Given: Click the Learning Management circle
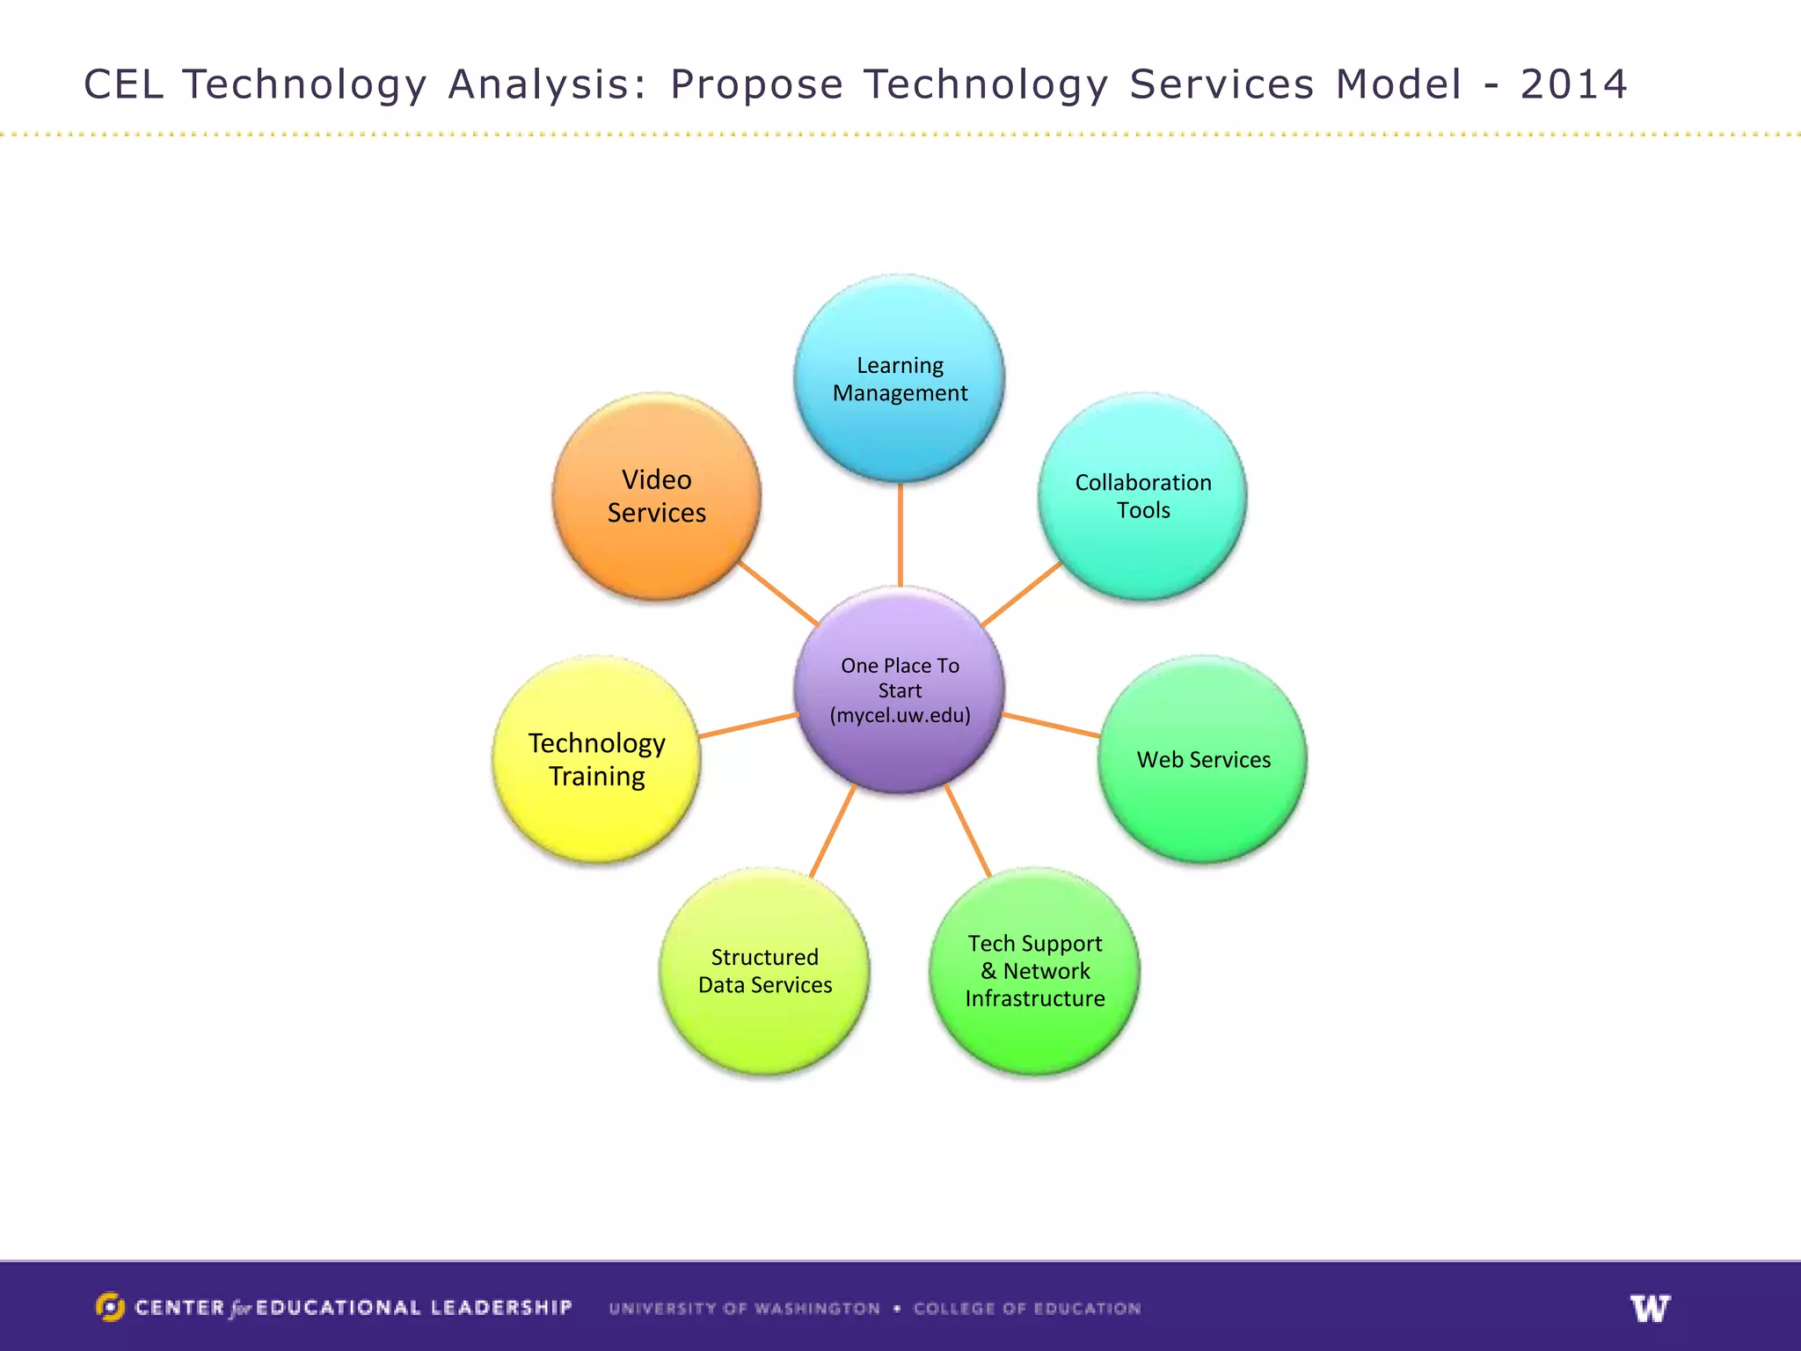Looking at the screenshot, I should tap(899, 378).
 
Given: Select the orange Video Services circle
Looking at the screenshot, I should tap(656, 496).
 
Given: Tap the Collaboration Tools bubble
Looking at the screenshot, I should tap(1142, 496).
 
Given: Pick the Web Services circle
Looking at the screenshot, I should tap(1202, 759).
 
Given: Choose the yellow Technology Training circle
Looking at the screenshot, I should tap(596, 759).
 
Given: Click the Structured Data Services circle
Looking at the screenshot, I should tap(764, 971).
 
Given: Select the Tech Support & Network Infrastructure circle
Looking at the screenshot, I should tap(1034, 971).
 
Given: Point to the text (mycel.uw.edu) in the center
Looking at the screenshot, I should tap(900, 715).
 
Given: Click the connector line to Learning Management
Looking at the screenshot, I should tap(900, 535).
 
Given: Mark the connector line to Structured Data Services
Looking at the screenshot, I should tap(832, 831).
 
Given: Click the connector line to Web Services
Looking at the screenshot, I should tap(1051, 725).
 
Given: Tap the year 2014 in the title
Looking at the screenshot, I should tap(1573, 84).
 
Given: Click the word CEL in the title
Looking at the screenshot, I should tap(123, 84).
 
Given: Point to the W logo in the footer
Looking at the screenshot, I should tap(1650, 1308).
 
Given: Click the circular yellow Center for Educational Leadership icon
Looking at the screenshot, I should tap(110, 1307).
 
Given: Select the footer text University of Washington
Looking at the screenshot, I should tap(744, 1309).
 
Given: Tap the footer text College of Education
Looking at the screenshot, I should tap(1026, 1309).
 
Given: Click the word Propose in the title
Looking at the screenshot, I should tap(756, 86).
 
